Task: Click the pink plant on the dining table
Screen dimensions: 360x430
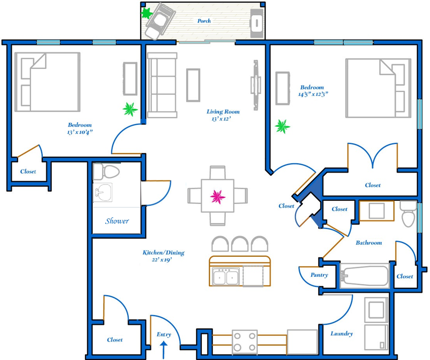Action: pyautogui.click(x=218, y=196)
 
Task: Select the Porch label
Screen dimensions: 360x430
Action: pyautogui.click(x=204, y=21)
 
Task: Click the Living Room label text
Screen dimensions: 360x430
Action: pyautogui.click(x=223, y=112)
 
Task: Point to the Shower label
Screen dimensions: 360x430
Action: pyautogui.click(x=117, y=221)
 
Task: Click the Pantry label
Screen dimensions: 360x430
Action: pyautogui.click(x=319, y=275)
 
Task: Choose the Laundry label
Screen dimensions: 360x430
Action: pyautogui.click(x=342, y=333)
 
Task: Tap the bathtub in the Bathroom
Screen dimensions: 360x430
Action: pyautogui.click(x=364, y=276)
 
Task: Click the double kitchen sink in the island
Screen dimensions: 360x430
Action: pyautogui.click(x=226, y=277)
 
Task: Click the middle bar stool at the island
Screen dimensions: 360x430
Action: pyautogui.click(x=240, y=244)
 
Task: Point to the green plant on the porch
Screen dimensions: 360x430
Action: pyautogui.click(x=146, y=13)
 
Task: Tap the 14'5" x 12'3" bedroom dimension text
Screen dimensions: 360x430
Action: pyautogui.click(x=313, y=94)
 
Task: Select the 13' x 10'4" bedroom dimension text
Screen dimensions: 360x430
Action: pyautogui.click(x=80, y=132)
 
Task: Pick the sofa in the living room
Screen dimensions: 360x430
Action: pyautogui.click(x=162, y=85)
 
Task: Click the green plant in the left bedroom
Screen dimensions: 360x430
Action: pyautogui.click(x=130, y=109)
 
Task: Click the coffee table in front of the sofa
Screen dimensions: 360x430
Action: pyautogui.click(x=193, y=85)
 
